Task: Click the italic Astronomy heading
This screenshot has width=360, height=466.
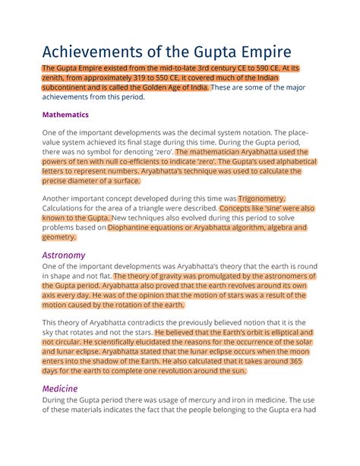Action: (x=65, y=255)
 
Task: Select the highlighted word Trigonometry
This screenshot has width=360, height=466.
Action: (x=264, y=198)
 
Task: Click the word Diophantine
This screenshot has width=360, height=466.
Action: (x=153, y=227)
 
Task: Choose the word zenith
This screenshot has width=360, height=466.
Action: (x=59, y=79)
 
